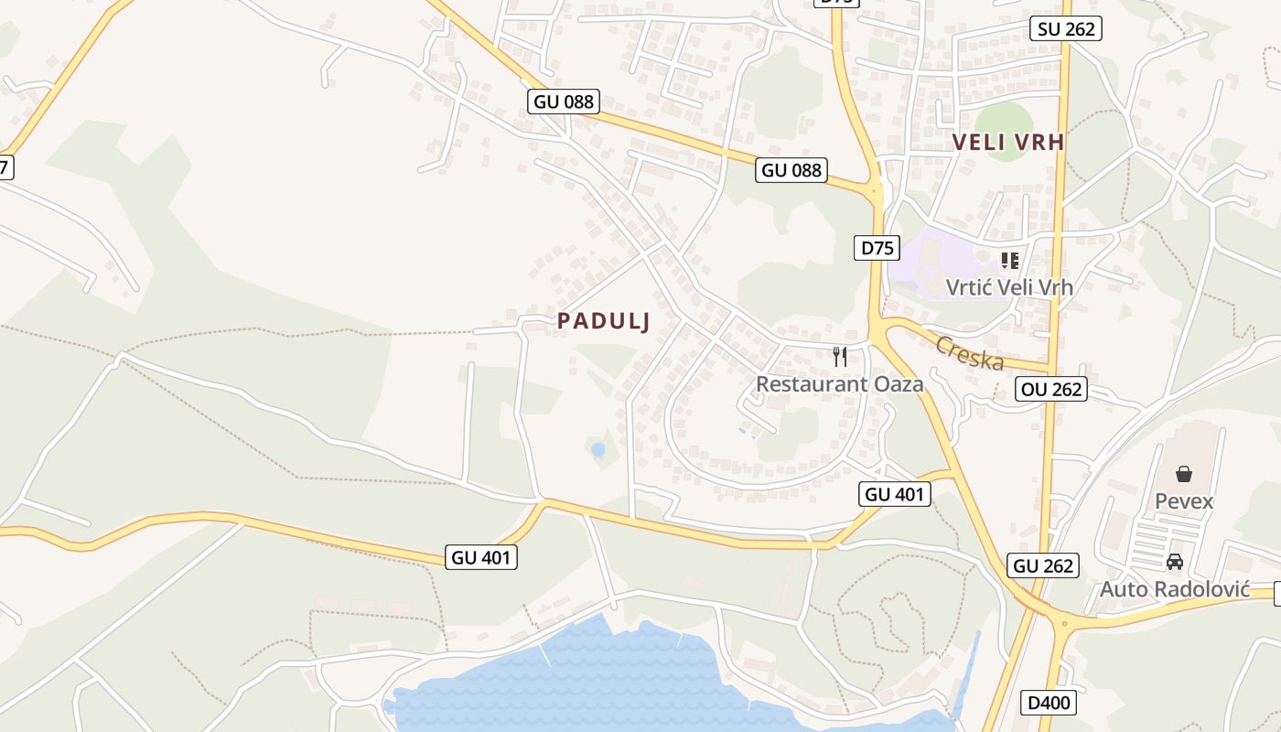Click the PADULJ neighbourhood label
tap(604, 321)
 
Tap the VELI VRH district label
tap(1008, 142)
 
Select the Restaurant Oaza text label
tap(839, 383)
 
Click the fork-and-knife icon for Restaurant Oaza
tap(840, 356)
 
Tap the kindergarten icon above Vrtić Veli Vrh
tap(1009, 261)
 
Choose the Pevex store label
tap(1184, 501)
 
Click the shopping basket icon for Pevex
tap(1184, 474)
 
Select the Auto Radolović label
tap(1175, 588)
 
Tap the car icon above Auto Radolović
tap(1175, 562)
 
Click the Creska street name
tap(969, 353)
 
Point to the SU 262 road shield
tap(1066, 28)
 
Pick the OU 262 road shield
tap(1052, 389)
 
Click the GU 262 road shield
tap(1044, 565)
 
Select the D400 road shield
tap(1049, 703)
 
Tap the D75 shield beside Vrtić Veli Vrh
tap(877, 247)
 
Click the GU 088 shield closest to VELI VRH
tap(792, 169)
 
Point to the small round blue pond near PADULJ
tap(597, 449)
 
